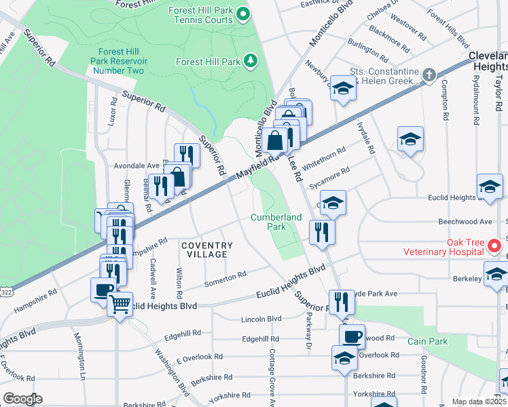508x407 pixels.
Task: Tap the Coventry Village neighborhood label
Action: coord(206,250)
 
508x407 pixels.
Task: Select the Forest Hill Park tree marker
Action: coord(252,62)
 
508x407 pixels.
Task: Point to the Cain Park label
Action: coord(429,341)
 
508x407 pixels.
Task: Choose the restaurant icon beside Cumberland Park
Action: coord(322,231)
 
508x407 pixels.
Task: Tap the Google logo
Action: coord(22,398)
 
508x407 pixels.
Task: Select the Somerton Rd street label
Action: coord(225,277)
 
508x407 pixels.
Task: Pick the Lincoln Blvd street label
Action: coord(261,318)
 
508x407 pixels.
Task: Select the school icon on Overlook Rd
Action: coord(344,357)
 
